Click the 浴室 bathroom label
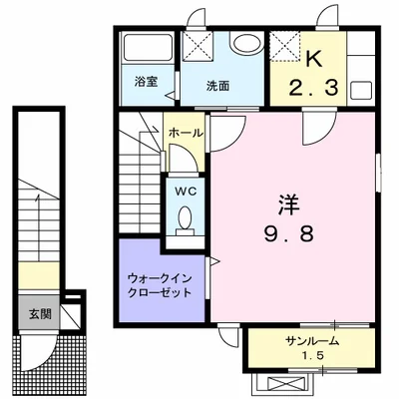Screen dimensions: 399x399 click(146, 82)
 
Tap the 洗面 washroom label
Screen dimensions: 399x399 click(217, 87)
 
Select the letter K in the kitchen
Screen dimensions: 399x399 click(313, 60)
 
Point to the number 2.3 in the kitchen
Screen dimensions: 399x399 click(313, 88)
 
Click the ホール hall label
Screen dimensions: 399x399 click(186, 133)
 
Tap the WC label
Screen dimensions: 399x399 click(186, 192)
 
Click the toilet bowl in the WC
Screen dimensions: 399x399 click(185, 217)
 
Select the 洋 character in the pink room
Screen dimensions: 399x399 click(289, 205)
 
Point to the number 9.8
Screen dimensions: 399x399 click(288, 233)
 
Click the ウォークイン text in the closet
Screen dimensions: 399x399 click(160, 278)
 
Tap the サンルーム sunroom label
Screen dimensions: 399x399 click(312, 341)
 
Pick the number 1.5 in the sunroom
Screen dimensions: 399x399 click(312, 356)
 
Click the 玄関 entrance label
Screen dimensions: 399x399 click(40, 314)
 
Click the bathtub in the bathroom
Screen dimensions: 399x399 click(148, 48)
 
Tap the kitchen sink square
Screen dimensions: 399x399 click(361, 90)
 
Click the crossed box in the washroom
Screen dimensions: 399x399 click(199, 46)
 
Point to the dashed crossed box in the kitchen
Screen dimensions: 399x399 click(285, 47)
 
